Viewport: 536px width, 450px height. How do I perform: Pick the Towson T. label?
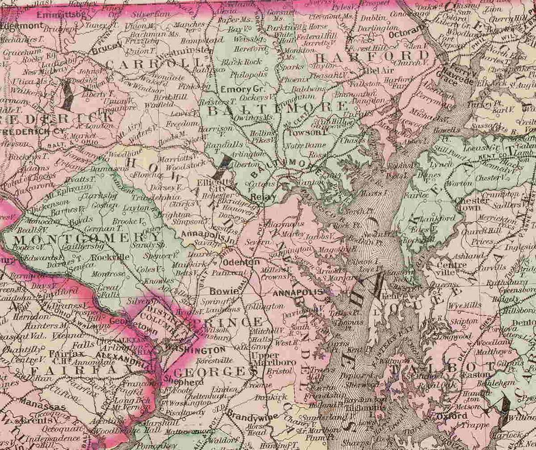click(306, 132)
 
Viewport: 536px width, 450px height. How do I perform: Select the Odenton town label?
click(241, 262)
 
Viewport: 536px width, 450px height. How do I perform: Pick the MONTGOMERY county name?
click(80, 239)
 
